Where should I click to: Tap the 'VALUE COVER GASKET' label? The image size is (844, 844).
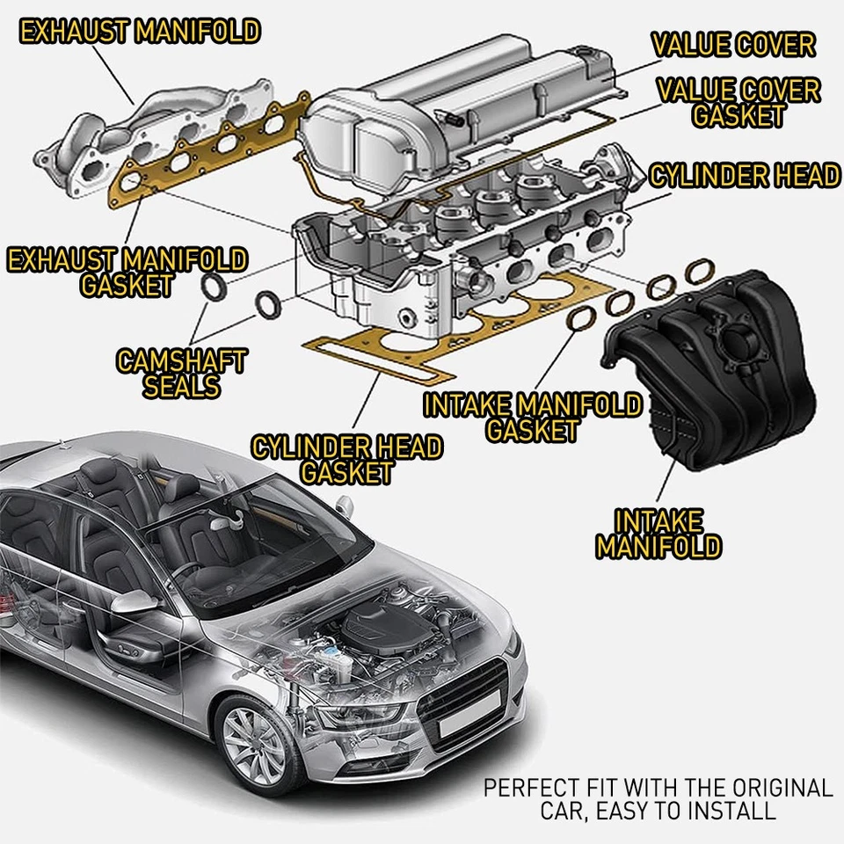[x=738, y=102]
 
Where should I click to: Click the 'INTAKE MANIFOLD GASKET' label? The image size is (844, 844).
[x=533, y=418]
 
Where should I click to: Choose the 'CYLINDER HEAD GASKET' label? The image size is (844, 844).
[x=346, y=459]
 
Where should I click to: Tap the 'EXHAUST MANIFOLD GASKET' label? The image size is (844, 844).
[x=127, y=273]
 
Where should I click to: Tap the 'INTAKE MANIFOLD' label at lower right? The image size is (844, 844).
[x=658, y=534]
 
